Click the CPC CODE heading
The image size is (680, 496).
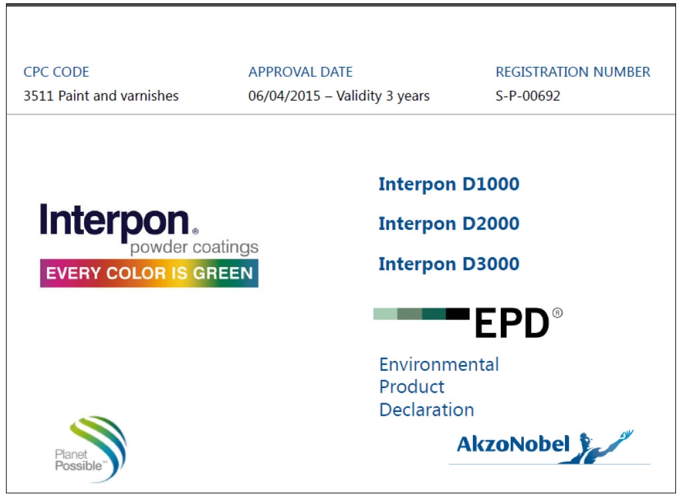tap(56, 72)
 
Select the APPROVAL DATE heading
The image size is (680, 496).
tap(300, 72)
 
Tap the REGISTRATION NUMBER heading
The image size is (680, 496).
tap(573, 72)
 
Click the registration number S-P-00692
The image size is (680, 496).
tap(528, 95)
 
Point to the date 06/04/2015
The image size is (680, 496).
tap(284, 95)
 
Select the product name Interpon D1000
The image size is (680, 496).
tap(449, 184)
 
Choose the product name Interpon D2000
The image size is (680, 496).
tap(449, 224)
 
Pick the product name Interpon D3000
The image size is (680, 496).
tap(449, 264)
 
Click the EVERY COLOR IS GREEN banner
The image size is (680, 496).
tap(149, 273)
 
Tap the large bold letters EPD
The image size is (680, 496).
tap(512, 322)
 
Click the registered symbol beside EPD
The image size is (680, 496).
tap(557, 313)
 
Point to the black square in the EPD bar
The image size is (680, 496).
tap(458, 314)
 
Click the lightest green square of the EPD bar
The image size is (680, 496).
tap(385, 314)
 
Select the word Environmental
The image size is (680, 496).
tap(439, 364)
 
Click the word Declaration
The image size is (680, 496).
tap(427, 409)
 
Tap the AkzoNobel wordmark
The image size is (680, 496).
tap(513, 444)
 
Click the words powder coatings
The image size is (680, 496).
tap(194, 247)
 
